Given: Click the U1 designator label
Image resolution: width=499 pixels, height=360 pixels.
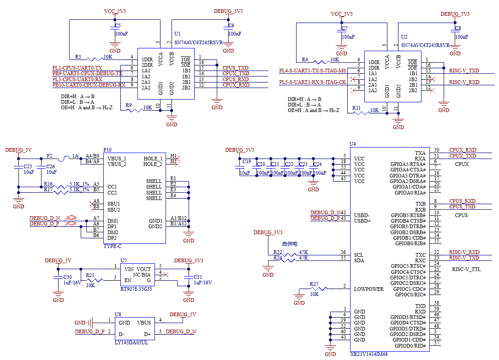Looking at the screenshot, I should pos(178,34).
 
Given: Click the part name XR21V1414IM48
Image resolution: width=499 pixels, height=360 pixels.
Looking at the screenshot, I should pos(369,354).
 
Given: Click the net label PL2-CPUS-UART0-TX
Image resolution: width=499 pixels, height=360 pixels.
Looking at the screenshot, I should pos(77,68).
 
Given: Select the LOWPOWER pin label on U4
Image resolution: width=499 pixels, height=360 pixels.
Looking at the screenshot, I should pos(368,289).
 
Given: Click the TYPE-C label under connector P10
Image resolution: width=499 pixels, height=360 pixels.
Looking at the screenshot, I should pos(113,247).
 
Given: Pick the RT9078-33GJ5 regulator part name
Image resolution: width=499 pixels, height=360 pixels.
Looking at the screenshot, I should pos(136,289).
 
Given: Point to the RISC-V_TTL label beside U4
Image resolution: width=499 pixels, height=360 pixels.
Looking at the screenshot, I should pos(466,269).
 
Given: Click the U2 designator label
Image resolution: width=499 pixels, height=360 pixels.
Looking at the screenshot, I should pos(404,37).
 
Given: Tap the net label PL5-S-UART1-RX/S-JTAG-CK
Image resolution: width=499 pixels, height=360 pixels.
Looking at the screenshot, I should pos(312,82).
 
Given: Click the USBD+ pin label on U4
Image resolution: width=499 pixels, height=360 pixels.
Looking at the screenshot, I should pos(362,221).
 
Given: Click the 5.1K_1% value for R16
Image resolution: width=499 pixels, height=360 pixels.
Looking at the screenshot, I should pos(79,184).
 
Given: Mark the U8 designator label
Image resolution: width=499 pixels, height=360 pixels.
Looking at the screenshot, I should pos(118,314).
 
